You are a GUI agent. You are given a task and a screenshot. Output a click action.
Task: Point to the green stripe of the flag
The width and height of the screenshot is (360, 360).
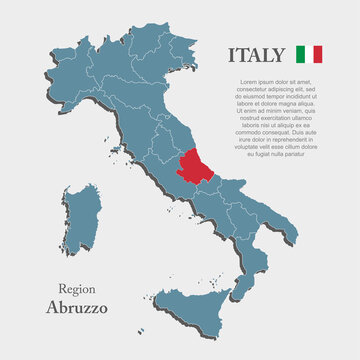(x=303, y=53)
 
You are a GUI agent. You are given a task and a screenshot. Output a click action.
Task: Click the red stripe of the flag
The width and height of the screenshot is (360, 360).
(x=318, y=53)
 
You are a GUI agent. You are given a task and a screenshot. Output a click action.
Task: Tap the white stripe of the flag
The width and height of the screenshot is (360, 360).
(x=310, y=53)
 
